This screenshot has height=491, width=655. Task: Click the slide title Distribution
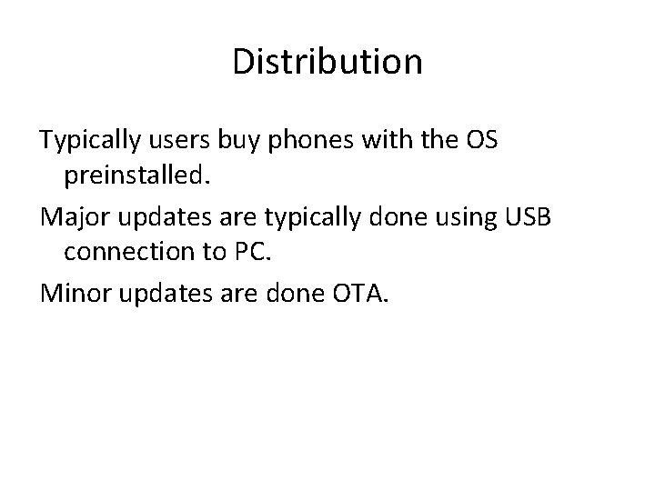(327, 62)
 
